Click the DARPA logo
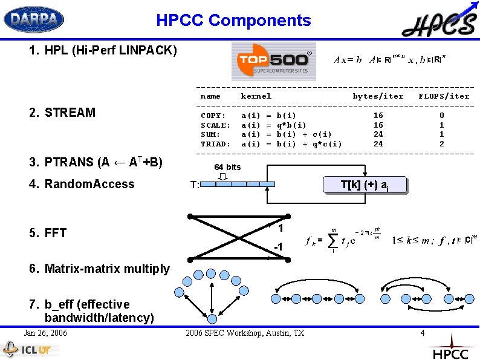34,19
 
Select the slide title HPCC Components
233,21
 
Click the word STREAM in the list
70,113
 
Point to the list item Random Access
89,184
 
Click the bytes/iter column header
378,96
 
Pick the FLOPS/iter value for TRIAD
441,144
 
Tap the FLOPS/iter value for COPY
441,116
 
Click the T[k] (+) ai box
365,186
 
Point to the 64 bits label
227,167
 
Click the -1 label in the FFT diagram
278,247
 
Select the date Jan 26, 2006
45,333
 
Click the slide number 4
422,333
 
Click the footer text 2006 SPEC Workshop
245,333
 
